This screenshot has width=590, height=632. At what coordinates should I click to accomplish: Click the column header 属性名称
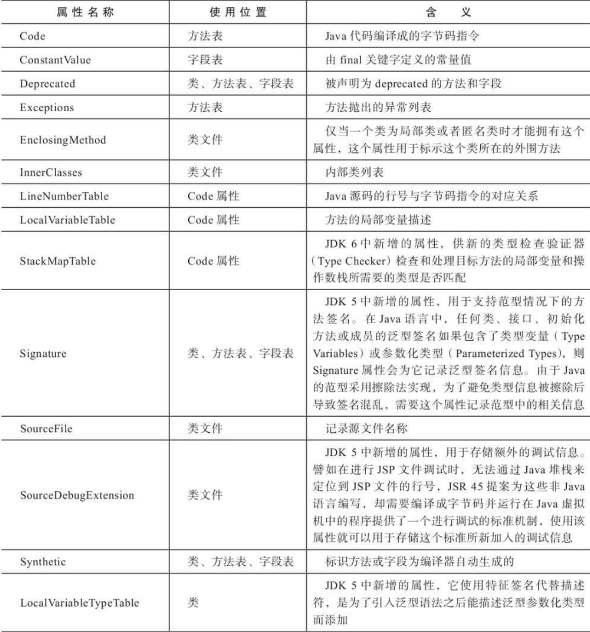85,12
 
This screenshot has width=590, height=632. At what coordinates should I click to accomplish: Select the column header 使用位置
238,12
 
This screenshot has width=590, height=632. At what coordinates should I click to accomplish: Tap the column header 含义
448,12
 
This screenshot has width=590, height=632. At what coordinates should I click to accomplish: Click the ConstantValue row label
55,60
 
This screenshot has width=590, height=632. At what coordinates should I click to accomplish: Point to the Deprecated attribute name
47,83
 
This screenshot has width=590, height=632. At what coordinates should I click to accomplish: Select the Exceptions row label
47,107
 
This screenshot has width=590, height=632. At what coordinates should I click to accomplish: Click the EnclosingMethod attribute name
63,140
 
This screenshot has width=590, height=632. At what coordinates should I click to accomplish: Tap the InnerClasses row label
51,172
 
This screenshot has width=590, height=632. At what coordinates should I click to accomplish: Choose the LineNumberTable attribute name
64,196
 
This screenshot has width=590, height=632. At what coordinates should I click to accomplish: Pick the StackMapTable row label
58,261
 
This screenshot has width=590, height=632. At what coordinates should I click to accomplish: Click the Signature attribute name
43,353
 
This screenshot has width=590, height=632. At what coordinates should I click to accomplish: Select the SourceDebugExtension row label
77,495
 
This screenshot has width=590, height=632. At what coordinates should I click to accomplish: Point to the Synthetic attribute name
43,562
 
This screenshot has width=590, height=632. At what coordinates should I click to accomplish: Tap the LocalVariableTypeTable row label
79,603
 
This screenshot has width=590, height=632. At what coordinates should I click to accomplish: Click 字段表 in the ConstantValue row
205,60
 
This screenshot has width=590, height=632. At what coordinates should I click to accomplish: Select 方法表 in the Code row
205,36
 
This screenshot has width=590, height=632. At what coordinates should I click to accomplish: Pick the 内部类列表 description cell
354,172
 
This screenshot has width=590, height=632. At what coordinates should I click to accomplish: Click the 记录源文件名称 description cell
366,428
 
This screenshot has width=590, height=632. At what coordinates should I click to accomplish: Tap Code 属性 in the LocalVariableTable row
213,219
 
